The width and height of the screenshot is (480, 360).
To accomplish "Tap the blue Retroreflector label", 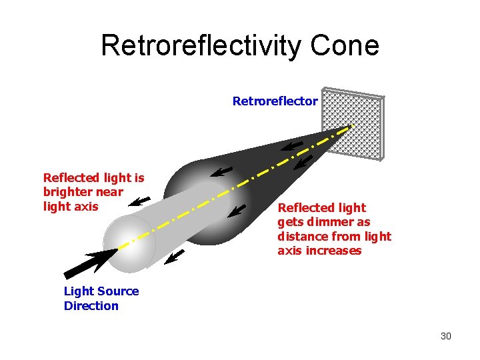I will pyautogui.click(x=275, y=101).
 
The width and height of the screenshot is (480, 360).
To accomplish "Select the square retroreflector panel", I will pyautogui.click(x=353, y=123).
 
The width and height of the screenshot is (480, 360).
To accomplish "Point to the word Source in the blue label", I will pyautogui.click(x=119, y=291).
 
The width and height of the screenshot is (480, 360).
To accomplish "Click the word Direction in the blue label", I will pyautogui.click(x=91, y=306).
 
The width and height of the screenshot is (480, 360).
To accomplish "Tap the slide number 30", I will pyautogui.click(x=445, y=336).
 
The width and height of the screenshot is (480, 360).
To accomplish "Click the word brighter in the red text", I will pyautogui.click(x=65, y=192).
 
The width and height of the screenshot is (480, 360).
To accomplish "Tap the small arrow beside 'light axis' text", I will pyautogui.click(x=139, y=201).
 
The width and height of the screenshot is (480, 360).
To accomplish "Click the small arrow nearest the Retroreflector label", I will pyautogui.click(x=291, y=146).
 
